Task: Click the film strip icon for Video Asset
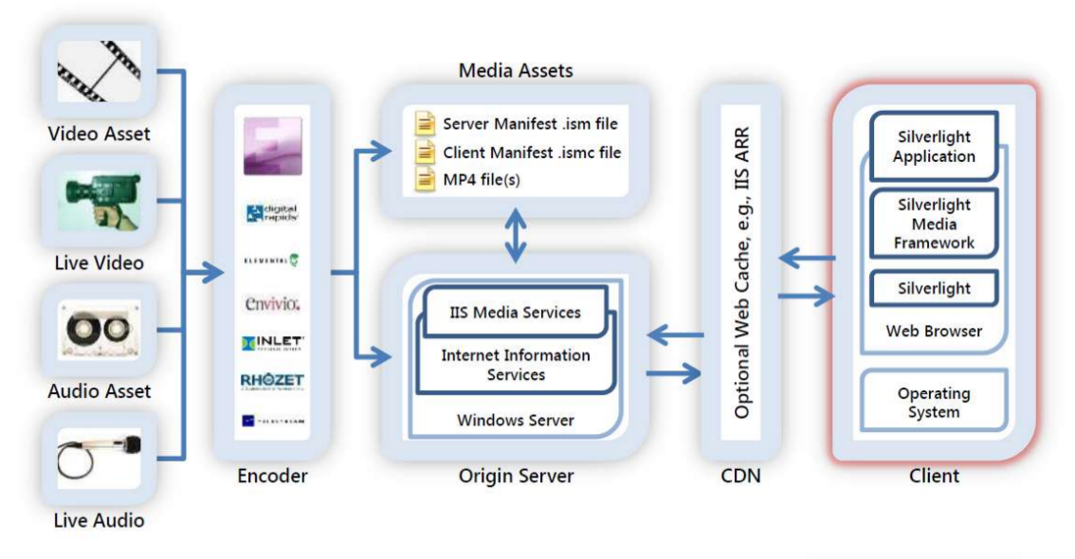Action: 99,71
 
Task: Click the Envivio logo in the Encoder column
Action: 272,303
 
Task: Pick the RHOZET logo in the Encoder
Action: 272,381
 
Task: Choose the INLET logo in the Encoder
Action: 272,342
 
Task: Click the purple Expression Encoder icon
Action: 272,146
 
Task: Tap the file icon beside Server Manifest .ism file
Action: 425,124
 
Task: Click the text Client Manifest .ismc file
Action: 531,152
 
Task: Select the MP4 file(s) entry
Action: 482,179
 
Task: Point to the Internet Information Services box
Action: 515,365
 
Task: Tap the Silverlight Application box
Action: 934,147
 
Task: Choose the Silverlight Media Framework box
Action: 934,224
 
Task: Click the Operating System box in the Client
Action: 934,403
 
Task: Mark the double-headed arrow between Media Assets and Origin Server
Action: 516,235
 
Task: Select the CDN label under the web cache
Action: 739,476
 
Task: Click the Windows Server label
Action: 515,420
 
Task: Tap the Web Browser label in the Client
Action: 934,332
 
